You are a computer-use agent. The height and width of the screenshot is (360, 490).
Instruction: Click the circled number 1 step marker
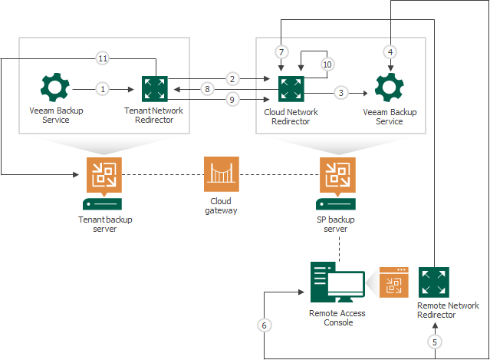pos(103,88)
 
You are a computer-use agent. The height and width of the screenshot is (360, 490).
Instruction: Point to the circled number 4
pos(390,52)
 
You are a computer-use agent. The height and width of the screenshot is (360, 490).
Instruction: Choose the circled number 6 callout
pos(264,325)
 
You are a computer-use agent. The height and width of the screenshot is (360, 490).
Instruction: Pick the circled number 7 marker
pos(281,52)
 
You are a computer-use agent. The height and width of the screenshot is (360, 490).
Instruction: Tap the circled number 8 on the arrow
pos(207,88)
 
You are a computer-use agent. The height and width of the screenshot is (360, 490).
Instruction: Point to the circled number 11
pos(103,58)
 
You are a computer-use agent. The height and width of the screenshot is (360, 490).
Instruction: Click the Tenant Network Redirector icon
pos(154,88)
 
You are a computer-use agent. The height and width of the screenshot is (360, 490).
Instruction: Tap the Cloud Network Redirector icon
pos(291,88)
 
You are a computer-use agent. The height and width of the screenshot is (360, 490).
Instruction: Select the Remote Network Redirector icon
pos(433,282)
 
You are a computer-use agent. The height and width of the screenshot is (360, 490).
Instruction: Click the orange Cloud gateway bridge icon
pos(222,174)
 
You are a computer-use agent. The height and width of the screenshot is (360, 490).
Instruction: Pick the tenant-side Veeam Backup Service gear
pos(55,88)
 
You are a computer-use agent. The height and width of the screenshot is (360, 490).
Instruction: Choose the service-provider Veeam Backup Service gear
pos(390,88)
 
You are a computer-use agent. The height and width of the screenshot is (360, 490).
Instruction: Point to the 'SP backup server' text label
pos(335,224)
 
